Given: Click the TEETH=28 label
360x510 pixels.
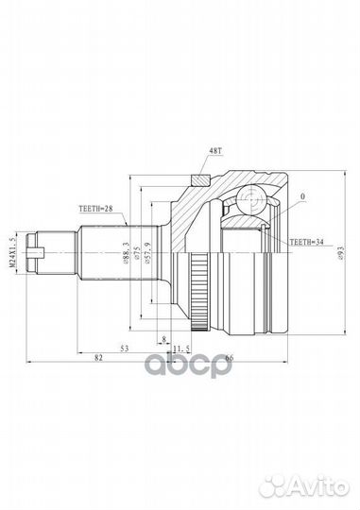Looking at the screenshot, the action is [x=95, y=209].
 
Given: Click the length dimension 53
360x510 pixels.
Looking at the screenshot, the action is [x=125, y=348].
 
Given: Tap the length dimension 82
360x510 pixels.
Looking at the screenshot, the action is [x=98, y=357].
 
